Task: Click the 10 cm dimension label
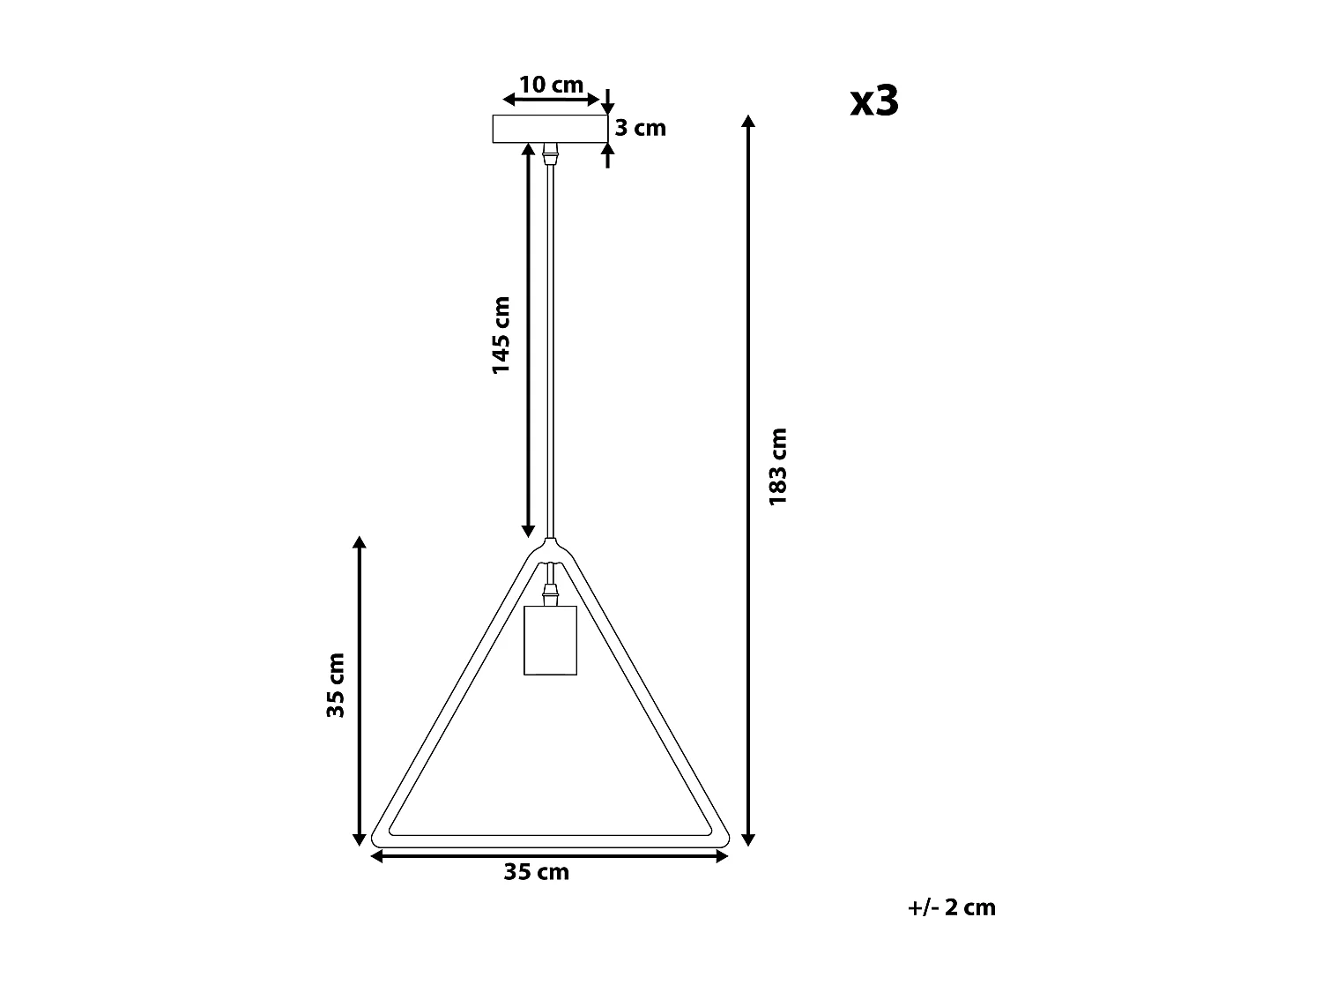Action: coord(551,85)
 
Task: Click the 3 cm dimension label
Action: coord(640,129)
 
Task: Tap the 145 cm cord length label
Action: coord(501,335)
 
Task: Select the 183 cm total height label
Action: coord(777,466)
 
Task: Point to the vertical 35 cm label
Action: coord(336,685)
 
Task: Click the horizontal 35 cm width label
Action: coord(537,872)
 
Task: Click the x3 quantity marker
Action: coord(874,101)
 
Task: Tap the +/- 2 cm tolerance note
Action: coord(952,907)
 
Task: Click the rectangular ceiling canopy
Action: coord(550,129)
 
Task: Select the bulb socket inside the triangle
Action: coord(550,639)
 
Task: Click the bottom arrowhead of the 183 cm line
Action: coord(748,839)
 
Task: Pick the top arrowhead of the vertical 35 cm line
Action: coord(359,542)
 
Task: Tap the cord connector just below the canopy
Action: coord(551,153)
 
